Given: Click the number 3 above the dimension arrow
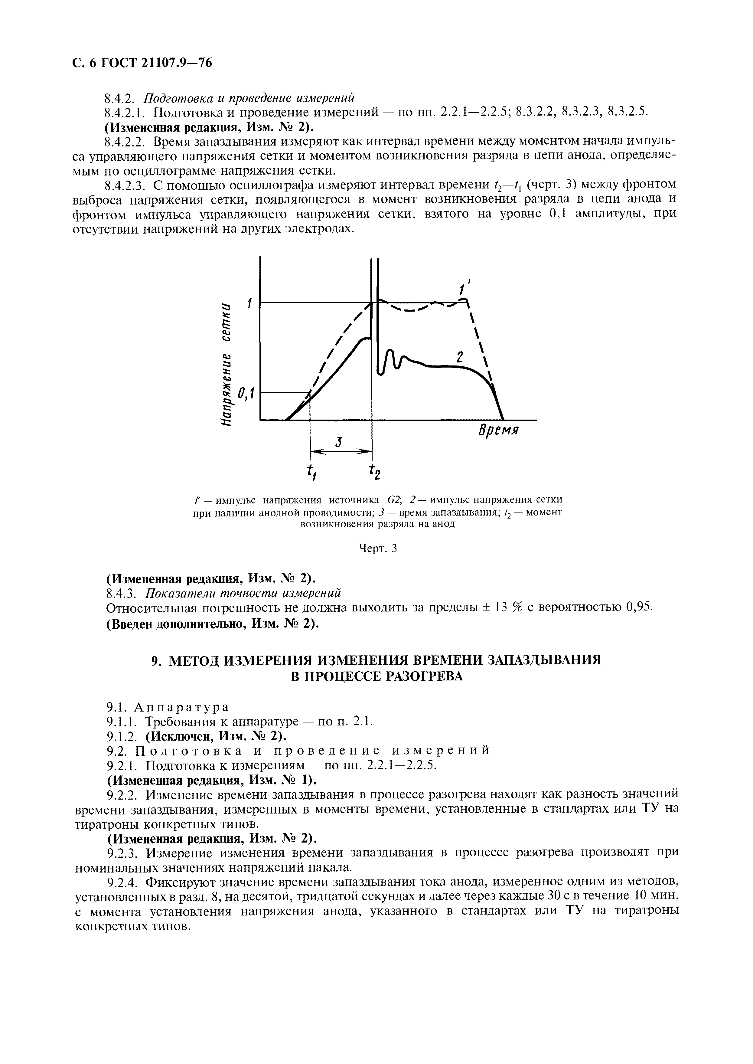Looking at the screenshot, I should tap(339, 442).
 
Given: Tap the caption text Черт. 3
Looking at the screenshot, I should tap(379, 549).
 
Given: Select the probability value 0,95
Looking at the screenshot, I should tap(639, 607).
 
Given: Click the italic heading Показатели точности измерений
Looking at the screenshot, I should tap(244, 593).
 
